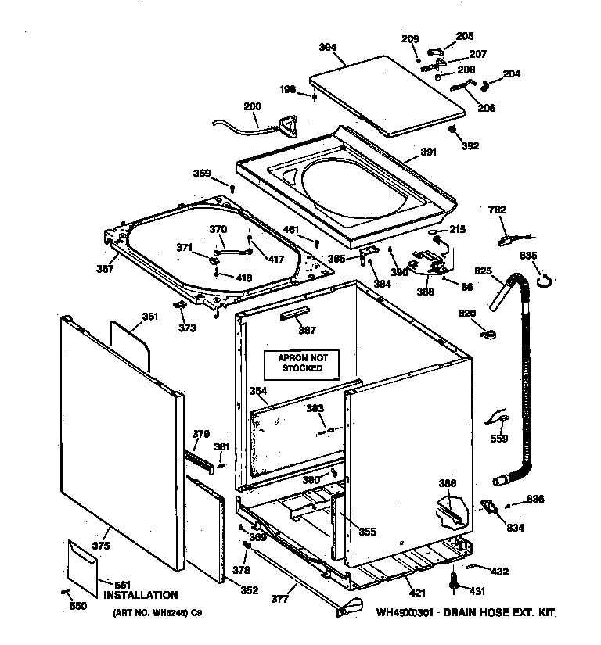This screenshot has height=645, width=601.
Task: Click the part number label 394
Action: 327,48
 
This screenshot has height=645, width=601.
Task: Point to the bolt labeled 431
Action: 453,582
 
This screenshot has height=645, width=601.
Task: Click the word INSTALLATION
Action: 141,595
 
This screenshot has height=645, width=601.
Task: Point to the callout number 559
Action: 499,439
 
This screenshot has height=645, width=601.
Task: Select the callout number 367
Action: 105,270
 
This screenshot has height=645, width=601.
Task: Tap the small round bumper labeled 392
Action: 453,130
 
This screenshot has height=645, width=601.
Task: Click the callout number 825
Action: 483,271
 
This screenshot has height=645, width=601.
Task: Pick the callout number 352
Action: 248,590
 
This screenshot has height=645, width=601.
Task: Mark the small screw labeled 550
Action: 64,592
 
